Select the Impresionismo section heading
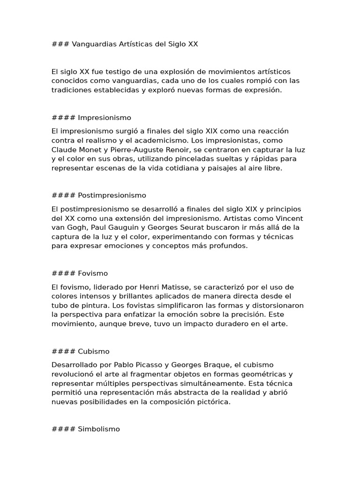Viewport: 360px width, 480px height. click(x=105, y=118)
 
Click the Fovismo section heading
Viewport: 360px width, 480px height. click(x=93, y=273)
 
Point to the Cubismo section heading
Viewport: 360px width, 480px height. click(x=94, y=351)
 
